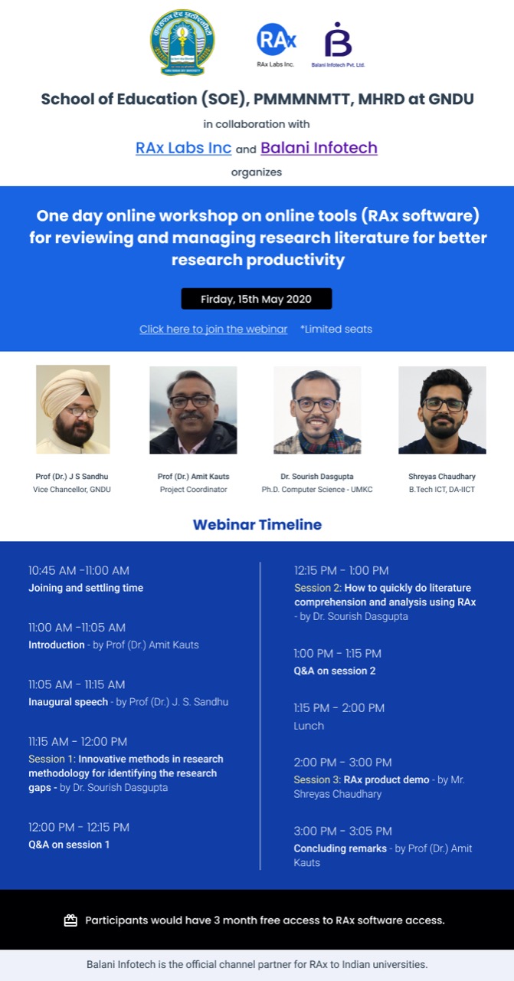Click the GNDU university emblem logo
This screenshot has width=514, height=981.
[x=182, y=42]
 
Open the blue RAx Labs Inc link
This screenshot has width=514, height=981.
[x=183, y=148]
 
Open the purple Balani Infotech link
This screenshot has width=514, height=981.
[x=319, y=148]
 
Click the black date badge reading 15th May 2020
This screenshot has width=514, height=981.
[x=257, y=299]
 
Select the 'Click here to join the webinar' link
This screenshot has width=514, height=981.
[x=214, y=329]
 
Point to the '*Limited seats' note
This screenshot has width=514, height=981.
[x=336, y=329]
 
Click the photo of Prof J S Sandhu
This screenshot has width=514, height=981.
[x=73, y=409]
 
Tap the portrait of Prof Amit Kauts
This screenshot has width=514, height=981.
[x=193, y=410]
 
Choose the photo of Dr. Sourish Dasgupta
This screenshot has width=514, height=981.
[x=317, y=410]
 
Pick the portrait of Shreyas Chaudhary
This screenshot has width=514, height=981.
[x=442, y=410]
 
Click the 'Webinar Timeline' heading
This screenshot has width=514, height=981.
[x=257, y=525]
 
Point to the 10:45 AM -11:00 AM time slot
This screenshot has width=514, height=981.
[x=79, y=570]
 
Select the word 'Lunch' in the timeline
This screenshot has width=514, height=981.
[x=309, y=726]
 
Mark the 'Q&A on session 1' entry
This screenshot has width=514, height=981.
[x=69, y=845]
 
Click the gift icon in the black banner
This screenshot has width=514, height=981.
[x=70, y=920]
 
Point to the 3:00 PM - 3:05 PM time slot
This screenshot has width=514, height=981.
[x=343, y=831]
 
